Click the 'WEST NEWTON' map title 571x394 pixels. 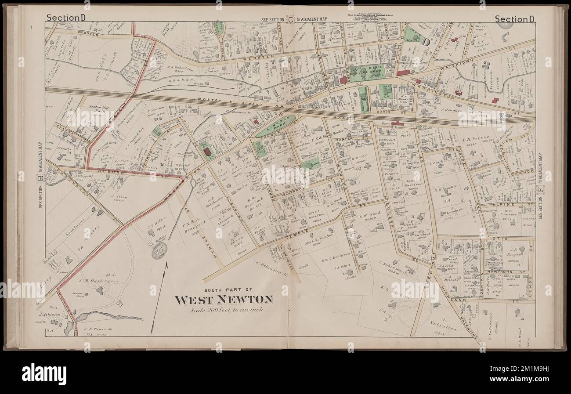[x=224, y=300]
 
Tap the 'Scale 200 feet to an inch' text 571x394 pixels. [x=224, y=311]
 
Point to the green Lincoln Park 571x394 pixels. [x=276, y=126]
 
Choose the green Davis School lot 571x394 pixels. [x=414, y=34]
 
